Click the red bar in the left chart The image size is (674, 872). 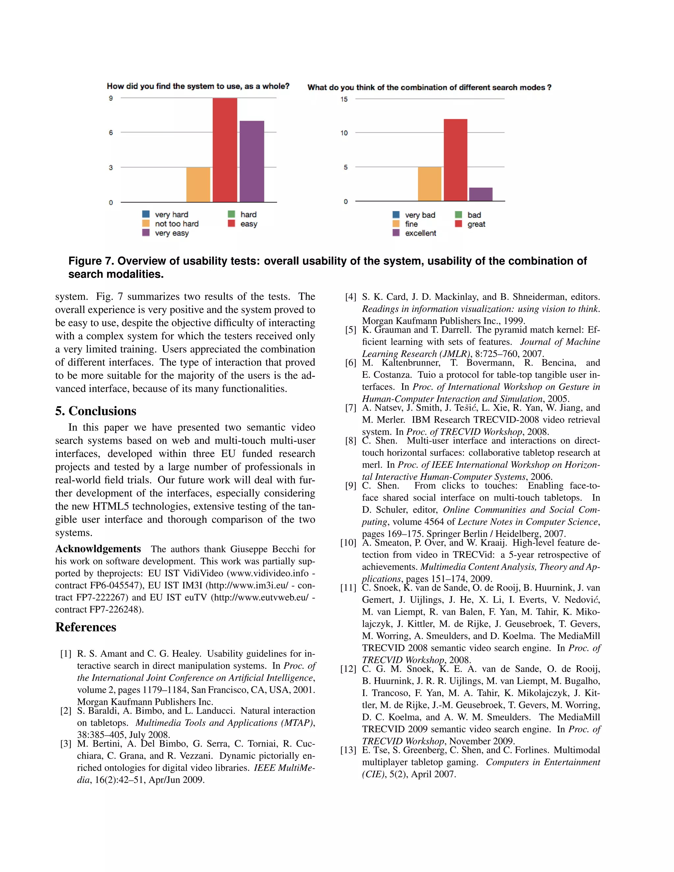pos(225,150)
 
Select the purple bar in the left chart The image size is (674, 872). pos(251,161)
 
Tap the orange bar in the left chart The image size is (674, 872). pos(198,185)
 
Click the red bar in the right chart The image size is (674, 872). pos(455,160)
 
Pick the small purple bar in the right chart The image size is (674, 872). pos(481,194)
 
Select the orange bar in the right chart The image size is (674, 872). pos(429,184)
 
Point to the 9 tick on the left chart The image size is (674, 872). pos(111,98)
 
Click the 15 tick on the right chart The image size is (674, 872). pos(344,99)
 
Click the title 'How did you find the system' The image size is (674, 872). pos(198,86)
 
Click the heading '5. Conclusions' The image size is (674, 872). pos(96,411)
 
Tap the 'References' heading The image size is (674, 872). pos(86,627)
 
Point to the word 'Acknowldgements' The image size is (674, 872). pos(98,549)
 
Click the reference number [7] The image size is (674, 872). pos(350,408)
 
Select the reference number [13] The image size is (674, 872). pos(348,750)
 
